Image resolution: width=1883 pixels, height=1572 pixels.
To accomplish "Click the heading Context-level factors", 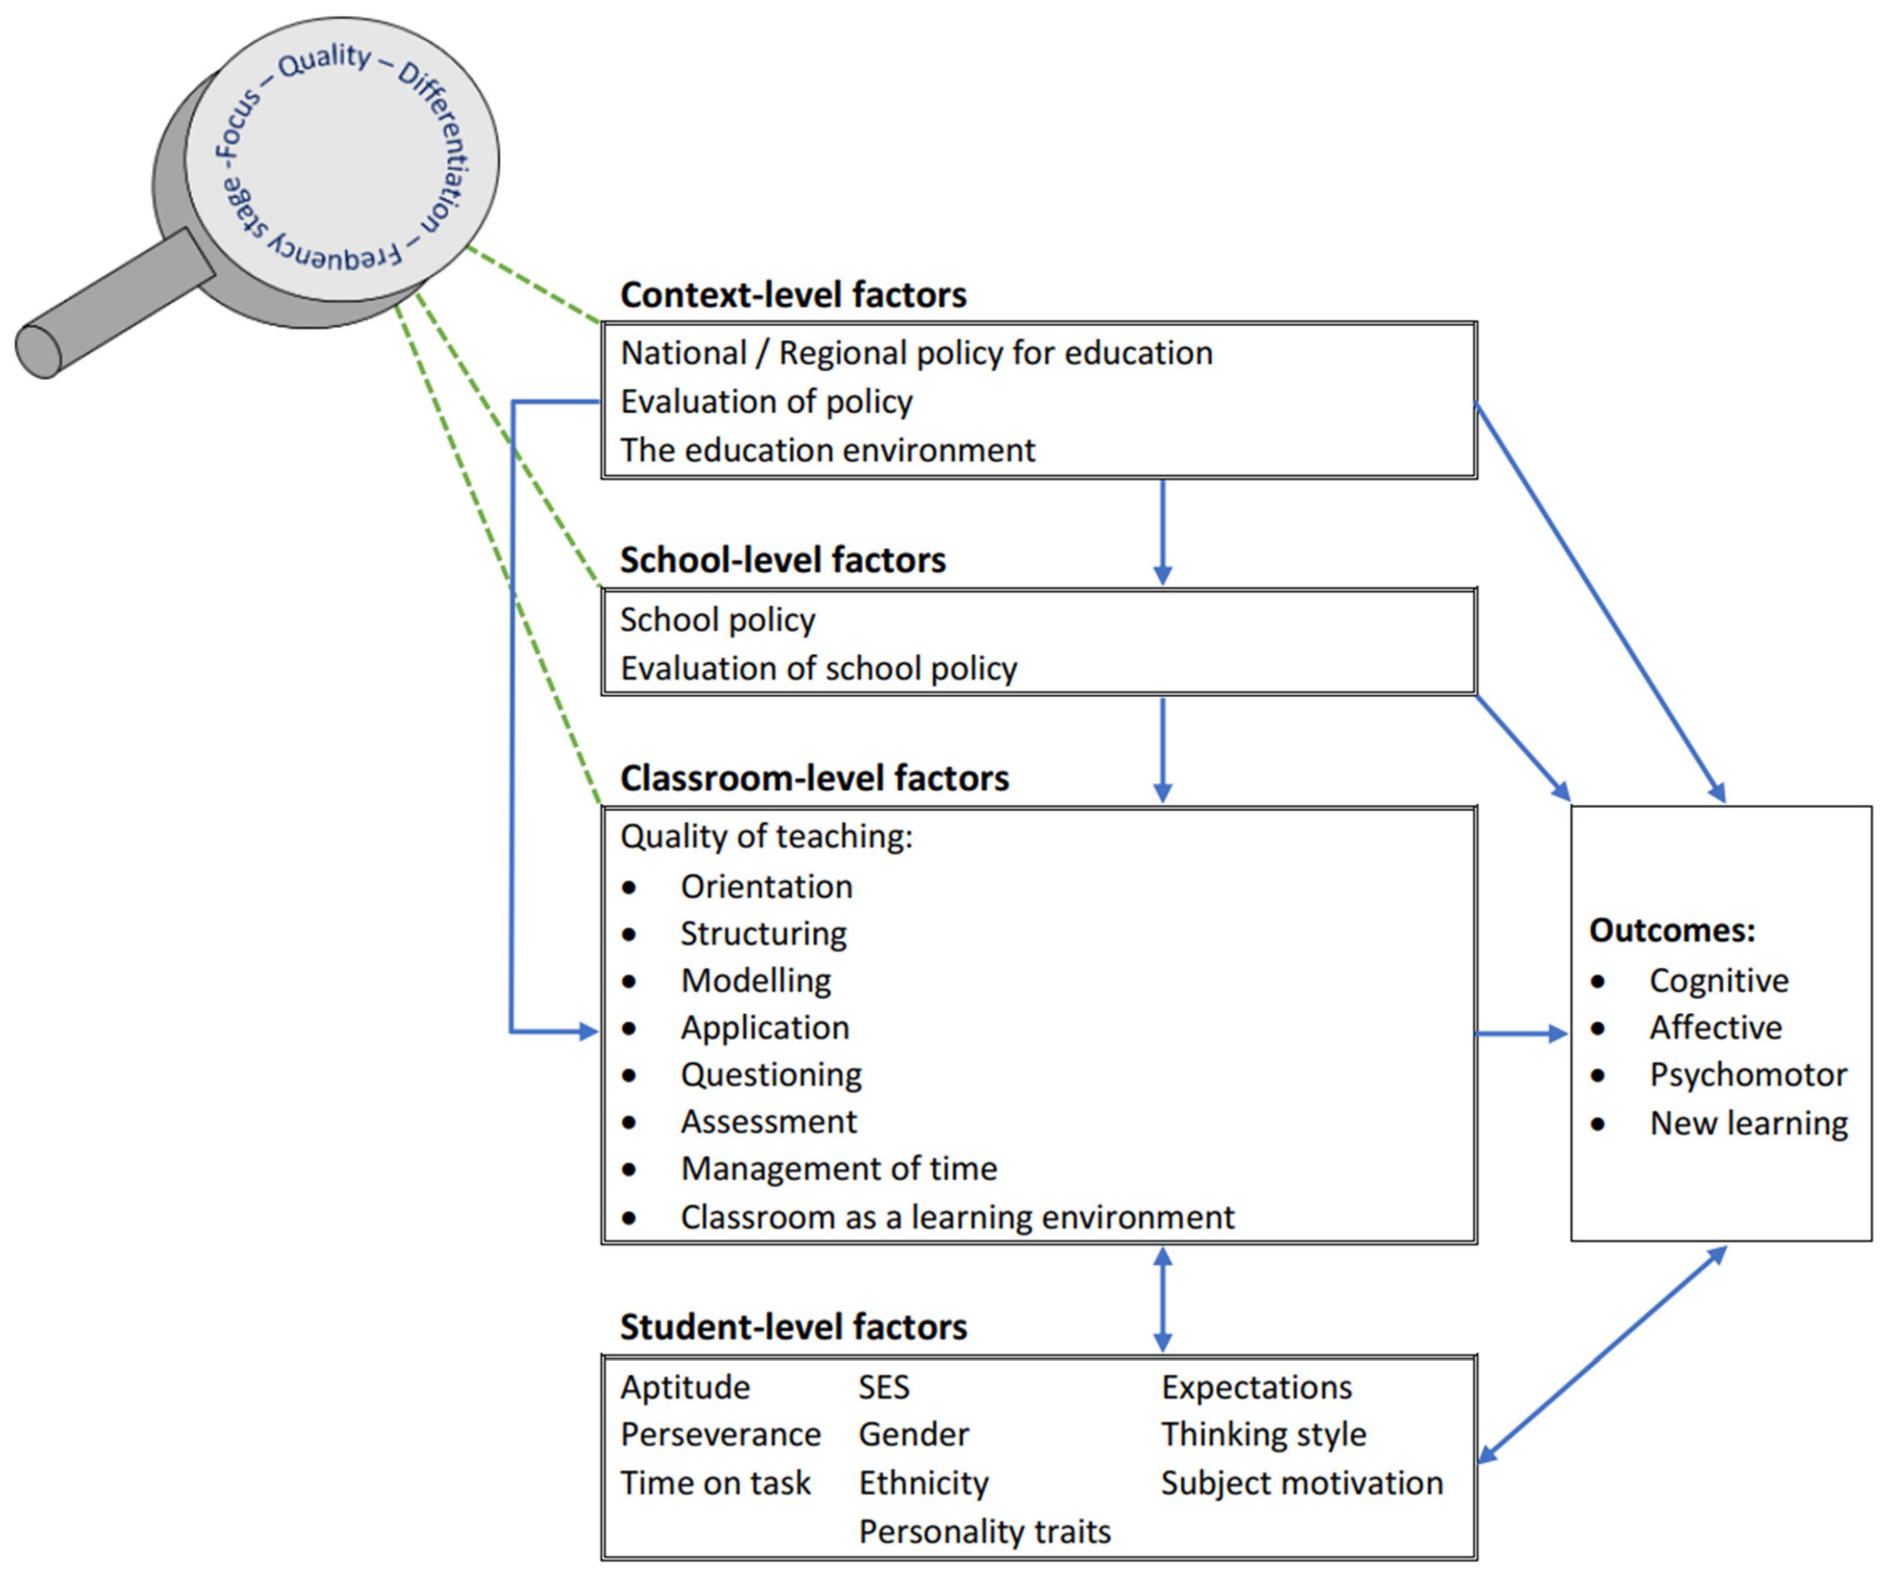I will pos(793,295).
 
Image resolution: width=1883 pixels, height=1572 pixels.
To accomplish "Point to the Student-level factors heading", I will pos(793,1326).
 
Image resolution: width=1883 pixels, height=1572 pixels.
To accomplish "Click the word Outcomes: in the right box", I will pos(1671,930).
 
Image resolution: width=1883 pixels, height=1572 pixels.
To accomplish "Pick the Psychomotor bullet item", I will pos(1748,1074).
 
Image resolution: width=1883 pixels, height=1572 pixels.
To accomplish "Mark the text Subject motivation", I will pos(1301,1483).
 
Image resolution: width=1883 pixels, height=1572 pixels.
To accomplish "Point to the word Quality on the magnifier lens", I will pos(324,61).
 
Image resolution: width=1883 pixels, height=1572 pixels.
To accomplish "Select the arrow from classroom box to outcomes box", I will pos(1522,1033).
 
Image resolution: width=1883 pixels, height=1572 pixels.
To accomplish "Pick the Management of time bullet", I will pos(838,1169).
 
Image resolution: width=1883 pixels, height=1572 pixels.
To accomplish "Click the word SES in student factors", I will pos(883,1388).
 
